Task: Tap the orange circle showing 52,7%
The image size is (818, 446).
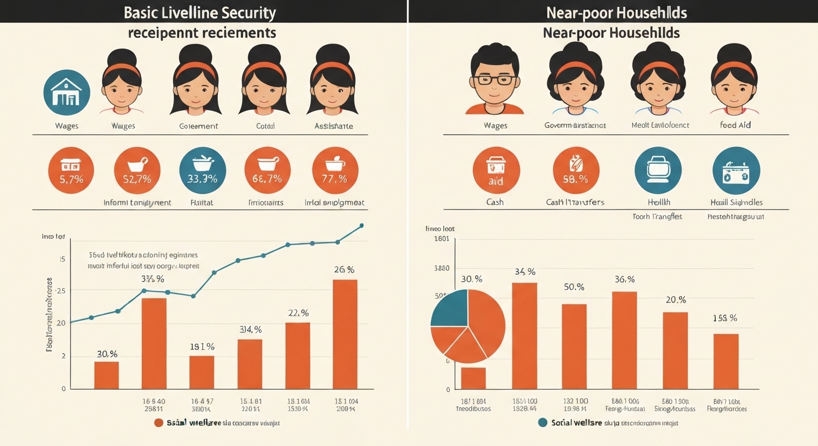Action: tap(137, 170)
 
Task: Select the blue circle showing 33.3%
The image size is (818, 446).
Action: tap(202, 170)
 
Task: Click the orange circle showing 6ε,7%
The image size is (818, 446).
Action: tap(267, 170)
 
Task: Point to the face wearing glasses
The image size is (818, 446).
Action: tap(494, 81)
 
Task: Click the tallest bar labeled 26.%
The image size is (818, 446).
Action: tap(345, 334)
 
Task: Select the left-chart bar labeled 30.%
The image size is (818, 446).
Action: tap(106, 375)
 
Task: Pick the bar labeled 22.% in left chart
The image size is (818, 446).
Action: tap(297, 355)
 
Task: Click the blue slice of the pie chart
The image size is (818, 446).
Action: tap(450, 307)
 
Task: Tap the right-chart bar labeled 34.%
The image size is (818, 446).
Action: tap(524, 335)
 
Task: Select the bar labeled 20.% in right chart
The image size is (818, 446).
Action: tap(675, 350)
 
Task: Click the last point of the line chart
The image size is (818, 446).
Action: tap(362, 225)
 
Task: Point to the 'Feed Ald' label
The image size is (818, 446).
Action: tap(736, 125)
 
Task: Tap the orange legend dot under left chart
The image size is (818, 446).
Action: tap(159, 423)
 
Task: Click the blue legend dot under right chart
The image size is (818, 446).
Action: tap(543, 423)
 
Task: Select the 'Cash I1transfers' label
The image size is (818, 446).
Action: tap(575, 202)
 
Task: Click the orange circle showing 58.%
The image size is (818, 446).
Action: tap(575, 170)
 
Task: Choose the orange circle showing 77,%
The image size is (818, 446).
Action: tap(335, 170)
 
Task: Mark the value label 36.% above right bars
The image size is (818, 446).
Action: tap(625, 279)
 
